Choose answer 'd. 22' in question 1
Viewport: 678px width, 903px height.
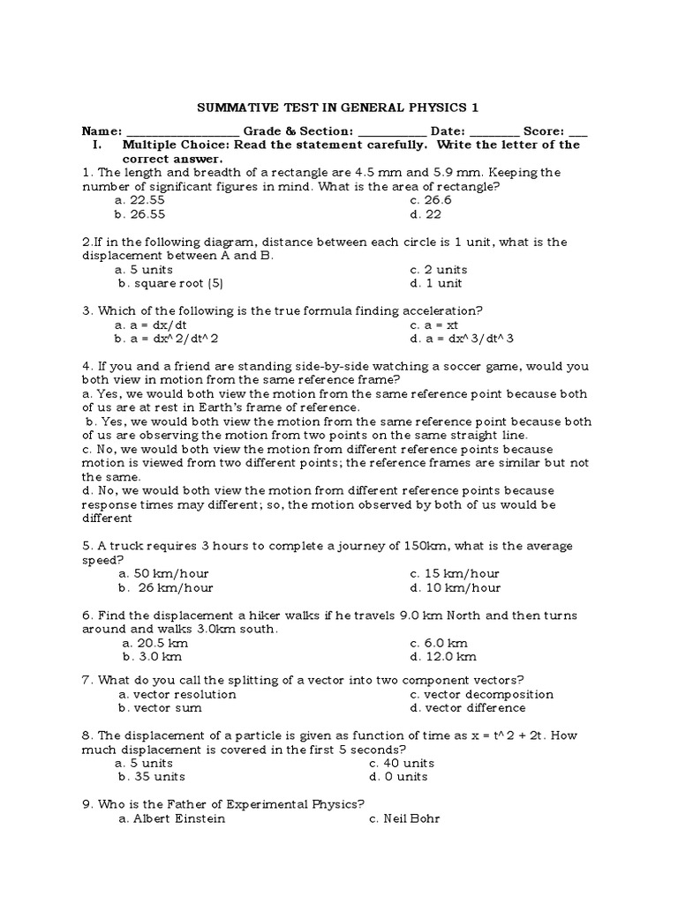point(422,214)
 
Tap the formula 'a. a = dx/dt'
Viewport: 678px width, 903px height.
point(153,325)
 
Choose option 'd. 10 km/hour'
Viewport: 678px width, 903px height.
point(455,587)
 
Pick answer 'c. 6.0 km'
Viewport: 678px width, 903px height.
point(439,643)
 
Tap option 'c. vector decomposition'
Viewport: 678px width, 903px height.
point(481,693)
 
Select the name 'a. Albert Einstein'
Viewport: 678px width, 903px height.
point(171,818)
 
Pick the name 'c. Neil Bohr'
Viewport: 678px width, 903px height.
point(404,818)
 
